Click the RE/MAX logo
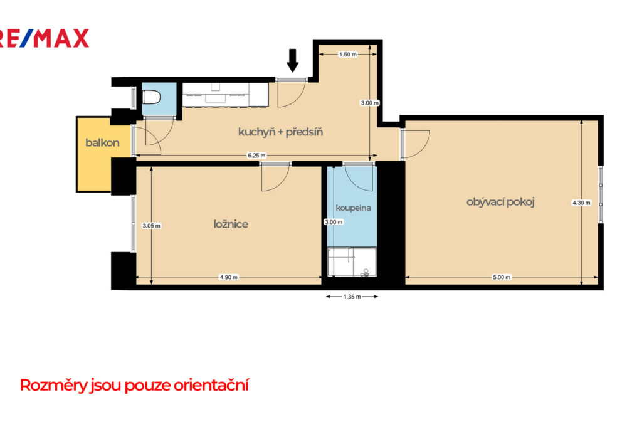44,38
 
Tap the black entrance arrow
293,60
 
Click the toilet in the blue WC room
152,97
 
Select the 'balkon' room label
102,143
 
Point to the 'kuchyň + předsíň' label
280,132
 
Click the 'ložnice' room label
231,224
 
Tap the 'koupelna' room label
353,208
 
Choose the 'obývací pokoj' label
500,202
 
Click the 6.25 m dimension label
256,156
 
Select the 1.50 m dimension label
348,55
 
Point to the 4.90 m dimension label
229,277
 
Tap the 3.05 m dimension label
152,226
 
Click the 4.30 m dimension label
581,203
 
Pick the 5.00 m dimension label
502,277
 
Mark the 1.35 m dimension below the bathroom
352,297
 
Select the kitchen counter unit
225,95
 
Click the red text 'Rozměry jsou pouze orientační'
134,386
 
